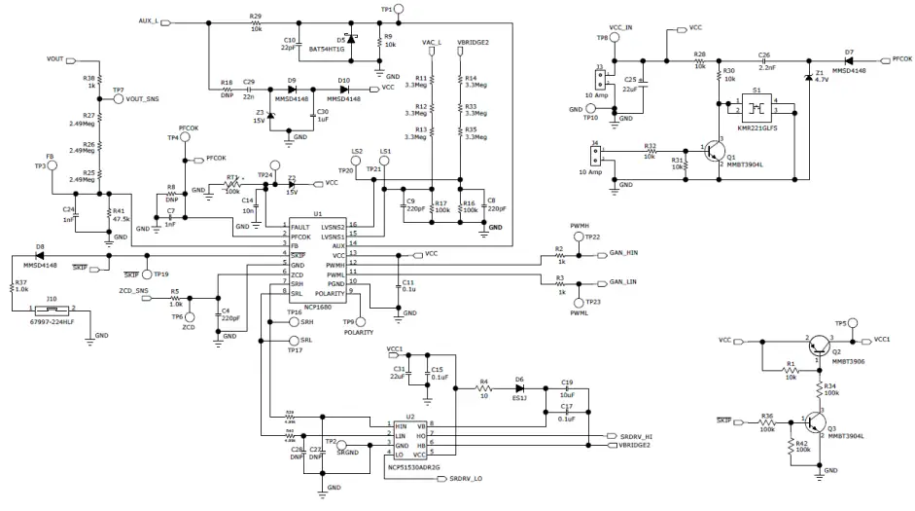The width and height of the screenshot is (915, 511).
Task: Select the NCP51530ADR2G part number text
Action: tap(414, 467)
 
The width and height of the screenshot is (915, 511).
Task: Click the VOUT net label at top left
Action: tap(55, 59)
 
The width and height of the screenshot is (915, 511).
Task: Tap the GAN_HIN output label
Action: tap(622, 253)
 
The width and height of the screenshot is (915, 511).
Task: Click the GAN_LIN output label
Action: tap(622, 281)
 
